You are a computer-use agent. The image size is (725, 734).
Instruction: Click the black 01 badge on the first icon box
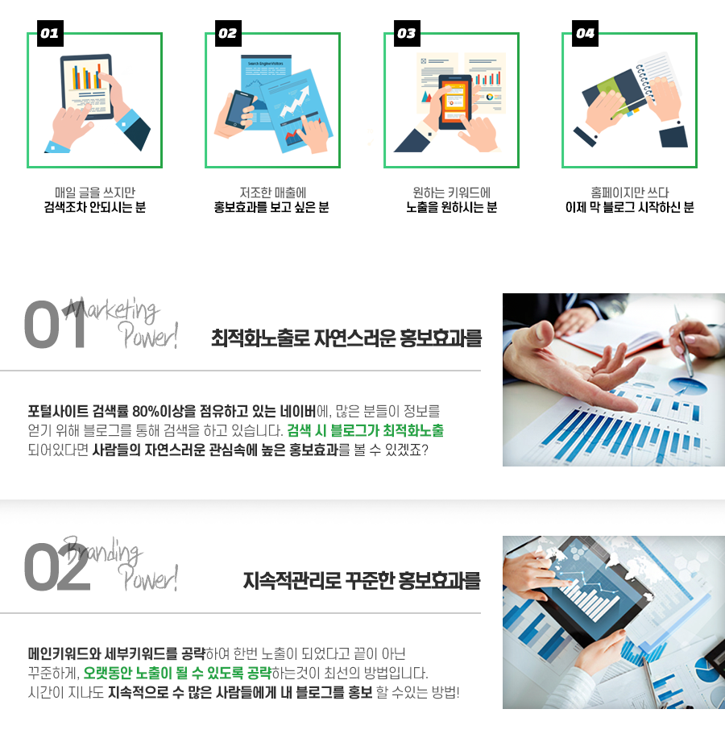point(50,33)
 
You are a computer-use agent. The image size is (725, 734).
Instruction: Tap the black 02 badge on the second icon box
point(229,33)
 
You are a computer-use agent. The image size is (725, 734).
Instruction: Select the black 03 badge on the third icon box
point(407,33)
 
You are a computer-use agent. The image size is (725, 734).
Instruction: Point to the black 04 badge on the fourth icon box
point(585,33)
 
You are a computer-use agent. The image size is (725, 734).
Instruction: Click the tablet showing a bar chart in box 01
point(86,86)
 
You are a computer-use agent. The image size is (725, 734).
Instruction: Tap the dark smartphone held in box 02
point(239,109)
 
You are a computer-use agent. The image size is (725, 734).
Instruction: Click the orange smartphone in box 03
point(454,102)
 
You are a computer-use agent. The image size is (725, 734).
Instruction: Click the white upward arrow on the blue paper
point(295,103)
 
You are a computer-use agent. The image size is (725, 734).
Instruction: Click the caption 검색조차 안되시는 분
point(95,207)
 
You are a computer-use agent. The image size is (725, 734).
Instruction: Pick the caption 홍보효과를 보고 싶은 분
point(271,207)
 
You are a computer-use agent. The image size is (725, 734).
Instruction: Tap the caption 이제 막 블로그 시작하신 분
point(629,207)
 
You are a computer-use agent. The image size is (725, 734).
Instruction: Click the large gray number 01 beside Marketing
point(56,325)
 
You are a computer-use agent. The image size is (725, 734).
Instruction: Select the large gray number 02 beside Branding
point(57,567)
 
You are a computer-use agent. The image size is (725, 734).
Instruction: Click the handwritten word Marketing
point(111,309)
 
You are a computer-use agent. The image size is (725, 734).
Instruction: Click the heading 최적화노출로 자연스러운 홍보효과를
point(346,338)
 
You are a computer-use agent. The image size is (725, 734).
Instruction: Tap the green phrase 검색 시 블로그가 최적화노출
point(366,430)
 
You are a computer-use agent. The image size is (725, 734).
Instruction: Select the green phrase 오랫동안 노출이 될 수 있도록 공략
point(177,673)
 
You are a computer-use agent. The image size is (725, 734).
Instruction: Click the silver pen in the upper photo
point(683,341)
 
